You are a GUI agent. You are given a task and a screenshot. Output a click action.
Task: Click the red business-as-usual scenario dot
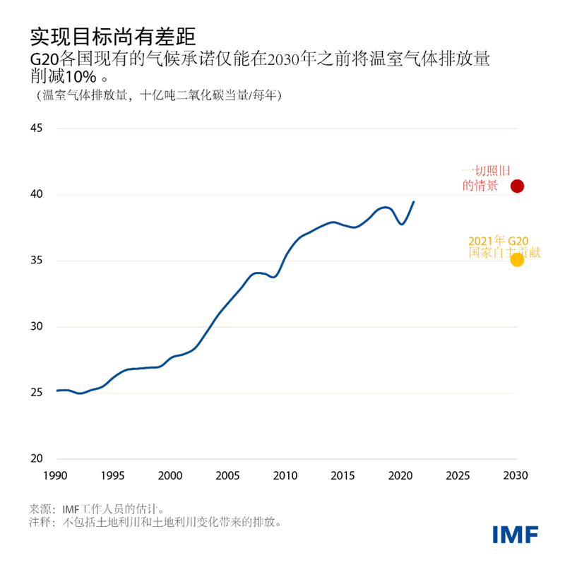pyautogui.click(x=517, y=186)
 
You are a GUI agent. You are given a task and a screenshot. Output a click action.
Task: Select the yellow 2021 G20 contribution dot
pyautogui.click(x=517, y=260)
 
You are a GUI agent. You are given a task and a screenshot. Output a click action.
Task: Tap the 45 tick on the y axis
pyautogui.click(x=37, y=129)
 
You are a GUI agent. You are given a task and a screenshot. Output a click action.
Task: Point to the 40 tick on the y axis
pyautogui.click(x=37, y=194)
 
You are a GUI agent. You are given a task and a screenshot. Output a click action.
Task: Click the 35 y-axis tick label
pyautogui.click(x=37, y=261)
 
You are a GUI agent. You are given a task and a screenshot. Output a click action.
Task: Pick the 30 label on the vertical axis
pyautogui.click(x=37, y=327)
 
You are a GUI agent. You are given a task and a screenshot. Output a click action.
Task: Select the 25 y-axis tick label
pyautogui.click(x=37, y=393)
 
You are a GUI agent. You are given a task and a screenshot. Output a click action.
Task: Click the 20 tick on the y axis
pyautogui.click(x=37, y=459)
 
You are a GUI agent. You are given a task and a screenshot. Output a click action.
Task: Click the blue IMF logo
pyautogui.click(x=516, y=534)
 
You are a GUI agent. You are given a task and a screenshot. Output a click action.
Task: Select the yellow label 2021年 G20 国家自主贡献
pyautogui.click(x=499, y=246)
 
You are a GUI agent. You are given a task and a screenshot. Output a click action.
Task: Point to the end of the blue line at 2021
pyautogui.click(x=414, y=202)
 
